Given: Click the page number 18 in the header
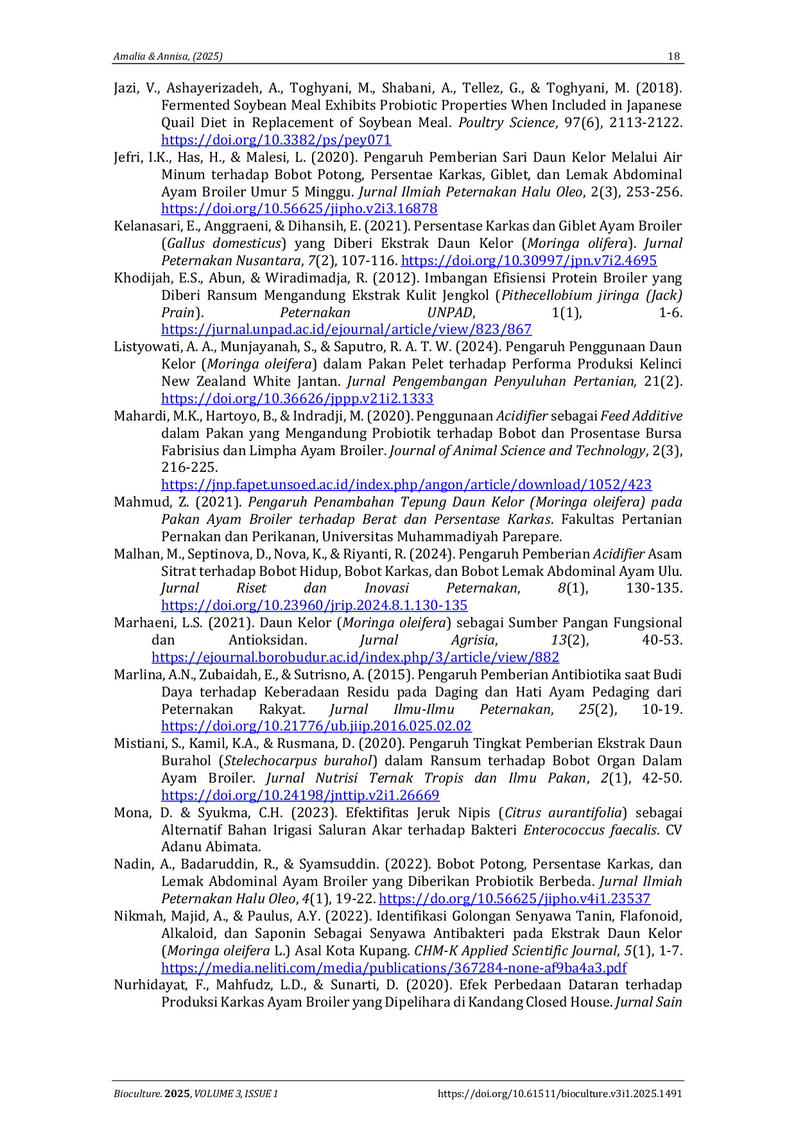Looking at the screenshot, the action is coord(673,56).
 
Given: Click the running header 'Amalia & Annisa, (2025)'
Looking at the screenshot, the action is coord(168,56).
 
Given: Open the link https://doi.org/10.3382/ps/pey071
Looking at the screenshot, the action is coord(276,140).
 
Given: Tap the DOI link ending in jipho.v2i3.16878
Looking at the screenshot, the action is coord(299,209).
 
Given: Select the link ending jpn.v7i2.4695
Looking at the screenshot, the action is coord(529,261).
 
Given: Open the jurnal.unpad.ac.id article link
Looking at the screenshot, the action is coord(347,330).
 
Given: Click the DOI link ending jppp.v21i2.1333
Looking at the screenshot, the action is coord(297,399).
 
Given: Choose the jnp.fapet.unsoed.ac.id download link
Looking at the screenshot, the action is coord(406,485).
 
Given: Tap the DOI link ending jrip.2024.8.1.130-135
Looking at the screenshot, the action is coord(315,605).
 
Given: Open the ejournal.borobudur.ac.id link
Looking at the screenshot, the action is coord(356,657).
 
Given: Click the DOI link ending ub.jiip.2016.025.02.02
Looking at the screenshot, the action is coord(316,726).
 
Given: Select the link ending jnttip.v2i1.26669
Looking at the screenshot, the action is coord(300,795).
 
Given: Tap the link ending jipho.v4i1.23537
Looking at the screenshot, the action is coord(515,899).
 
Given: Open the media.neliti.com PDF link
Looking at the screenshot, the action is coord(394,968).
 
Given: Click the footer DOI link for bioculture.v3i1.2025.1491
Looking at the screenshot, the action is coord(560,1094).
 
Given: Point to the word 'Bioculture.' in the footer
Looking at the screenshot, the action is coord(138,1094).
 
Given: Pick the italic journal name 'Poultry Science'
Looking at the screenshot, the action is coord(506,123).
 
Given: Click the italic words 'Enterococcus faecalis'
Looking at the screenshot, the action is coord(590,830).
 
